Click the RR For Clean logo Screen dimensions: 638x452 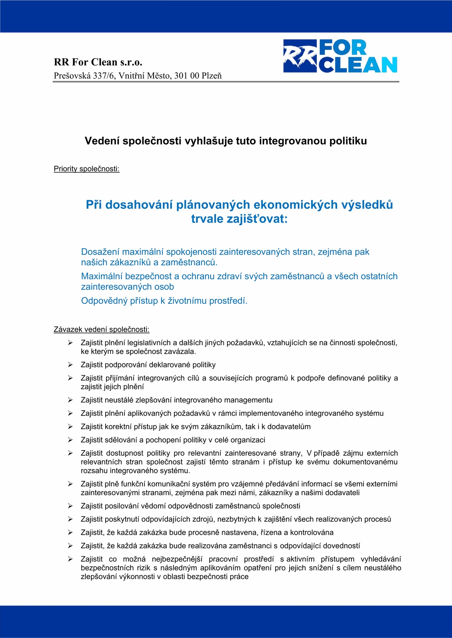click(x=340, y=56)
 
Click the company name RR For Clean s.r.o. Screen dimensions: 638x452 click(x=98, y=62)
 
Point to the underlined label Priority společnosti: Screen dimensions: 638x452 click(x=87, y=169)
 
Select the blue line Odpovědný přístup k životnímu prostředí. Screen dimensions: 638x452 click(x=164, y=301)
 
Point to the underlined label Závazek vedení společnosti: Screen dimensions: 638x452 click(x=101, y=329)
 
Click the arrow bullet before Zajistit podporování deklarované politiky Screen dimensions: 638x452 click(x=70, y=364)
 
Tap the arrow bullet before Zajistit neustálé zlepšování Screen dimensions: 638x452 click(x=70, y=400)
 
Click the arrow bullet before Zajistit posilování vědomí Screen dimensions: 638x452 click(x=70, y=506)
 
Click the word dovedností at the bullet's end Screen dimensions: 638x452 click(x=341, y=546)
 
